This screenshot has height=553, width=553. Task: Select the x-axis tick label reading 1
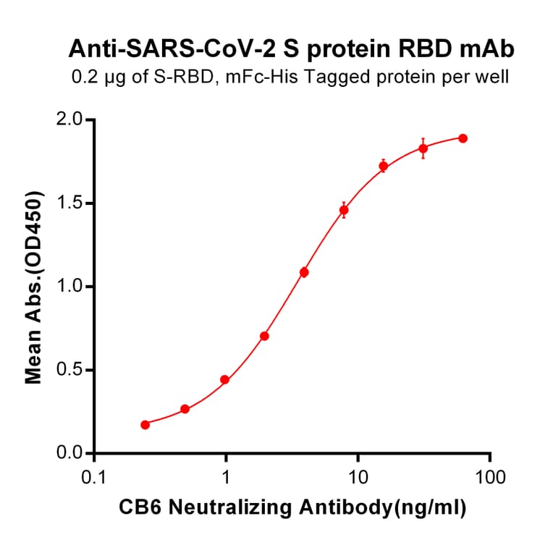[x=227, y=477]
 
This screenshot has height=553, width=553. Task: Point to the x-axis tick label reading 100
[x=490, y=477]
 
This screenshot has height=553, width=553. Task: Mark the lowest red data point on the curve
[x=145, y=425]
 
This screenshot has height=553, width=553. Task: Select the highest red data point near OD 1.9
[x=463, y=138]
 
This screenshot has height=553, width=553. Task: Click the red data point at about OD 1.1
[x=304, y=272]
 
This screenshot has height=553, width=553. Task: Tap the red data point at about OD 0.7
[x=264, y=336]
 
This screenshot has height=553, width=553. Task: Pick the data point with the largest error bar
[x=423, y=148]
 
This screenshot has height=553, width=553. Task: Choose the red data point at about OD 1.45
[x=344, y=210]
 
